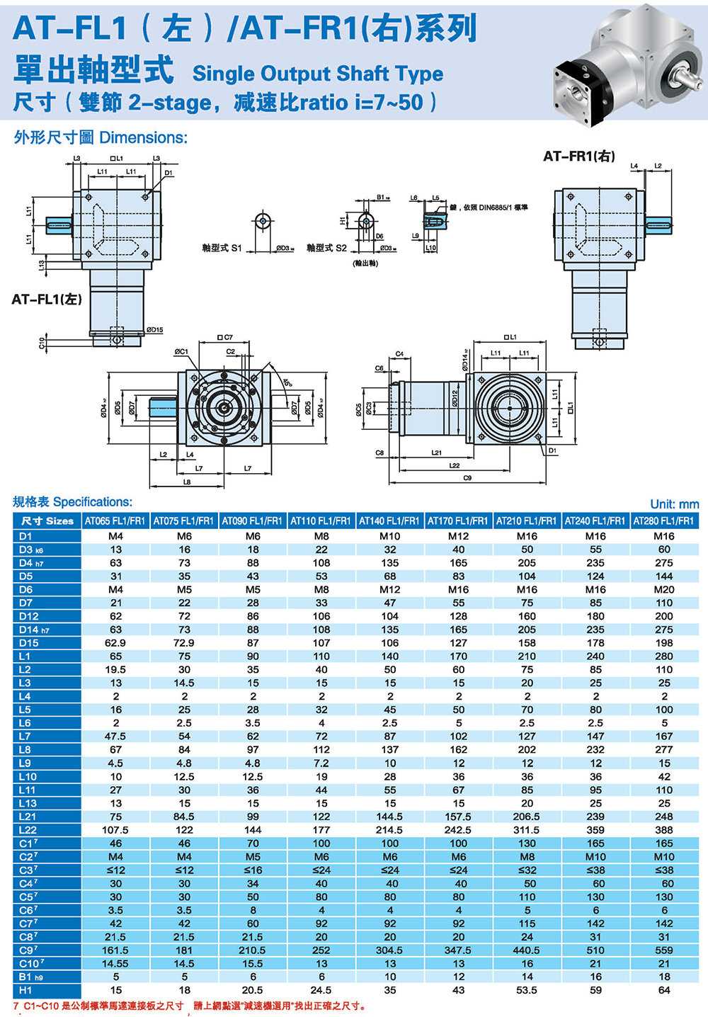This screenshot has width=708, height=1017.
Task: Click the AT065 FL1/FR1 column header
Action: (x=115, y=521)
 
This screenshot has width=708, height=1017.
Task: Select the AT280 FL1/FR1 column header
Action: (x=663, y=521)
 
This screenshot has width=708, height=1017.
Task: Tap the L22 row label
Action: (x=28, y=830)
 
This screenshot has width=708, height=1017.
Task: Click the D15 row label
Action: (x=29, y=643)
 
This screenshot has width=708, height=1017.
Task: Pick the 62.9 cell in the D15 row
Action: (x=115, y=643)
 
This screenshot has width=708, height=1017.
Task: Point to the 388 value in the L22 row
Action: (x=663, y=830)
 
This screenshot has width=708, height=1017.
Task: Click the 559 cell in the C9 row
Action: (x=663, y=950)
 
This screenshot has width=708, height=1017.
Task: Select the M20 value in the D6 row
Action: (x=663, y=589)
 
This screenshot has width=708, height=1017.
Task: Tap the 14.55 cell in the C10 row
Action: (x=115, y=964)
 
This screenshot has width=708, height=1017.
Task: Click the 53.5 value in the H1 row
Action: (x=527, y=991)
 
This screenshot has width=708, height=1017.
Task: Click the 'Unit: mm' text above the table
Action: (x=674, y=504)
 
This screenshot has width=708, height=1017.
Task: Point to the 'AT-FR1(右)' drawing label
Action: (x=578, y=157)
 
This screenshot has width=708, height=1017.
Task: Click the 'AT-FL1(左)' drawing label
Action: (x=47, y=300)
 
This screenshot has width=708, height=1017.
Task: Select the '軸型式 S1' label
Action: (x=222, y=248)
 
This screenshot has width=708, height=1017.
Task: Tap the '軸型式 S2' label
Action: (x=326, y=248)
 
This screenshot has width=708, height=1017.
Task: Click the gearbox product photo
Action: (x=627, y=60)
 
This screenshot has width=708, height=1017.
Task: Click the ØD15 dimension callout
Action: (x=154, y=330)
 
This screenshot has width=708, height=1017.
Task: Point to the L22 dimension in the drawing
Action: (x=454, y=465)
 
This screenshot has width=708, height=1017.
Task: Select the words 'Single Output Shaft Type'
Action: (x=318, y=74)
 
